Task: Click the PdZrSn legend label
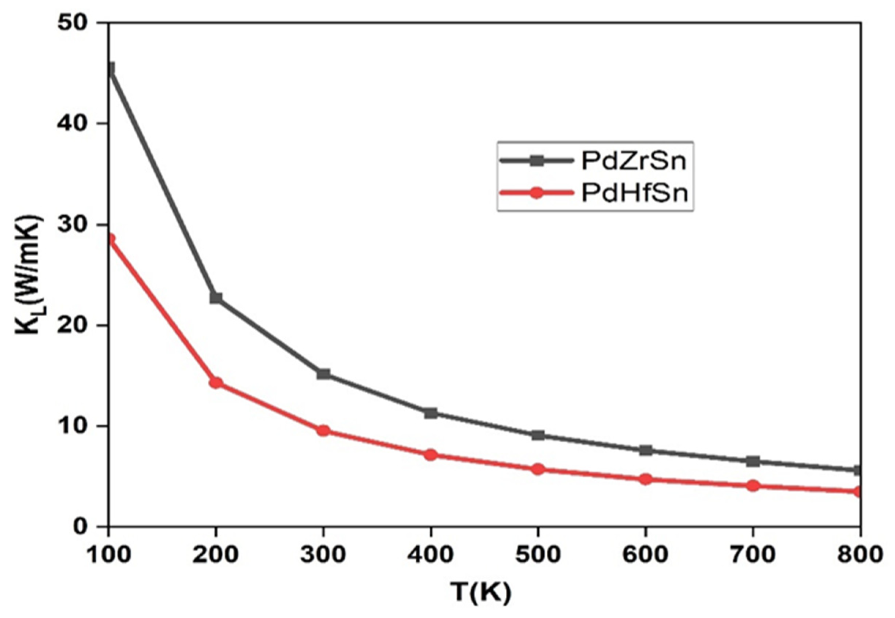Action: click(x=634, y=161)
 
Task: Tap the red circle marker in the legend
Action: click(x=536, y=193)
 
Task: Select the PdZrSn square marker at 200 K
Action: click(x=216, y=298)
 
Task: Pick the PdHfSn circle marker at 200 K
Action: click(x=216, y=383)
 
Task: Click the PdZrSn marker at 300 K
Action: click(x=323, y=374)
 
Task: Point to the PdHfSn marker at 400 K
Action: click(x=431, y=455)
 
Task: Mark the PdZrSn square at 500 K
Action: click(x=538, y=435)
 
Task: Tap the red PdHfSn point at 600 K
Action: click(x=645, y=479)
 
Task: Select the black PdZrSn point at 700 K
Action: click(x=753, y=461)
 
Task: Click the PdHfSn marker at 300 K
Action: click(x=323, y=431)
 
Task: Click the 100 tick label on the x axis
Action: click(x=108, y=555)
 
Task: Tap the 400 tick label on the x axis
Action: click(x=431, y=555)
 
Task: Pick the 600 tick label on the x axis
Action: click(x=645, y=555)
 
